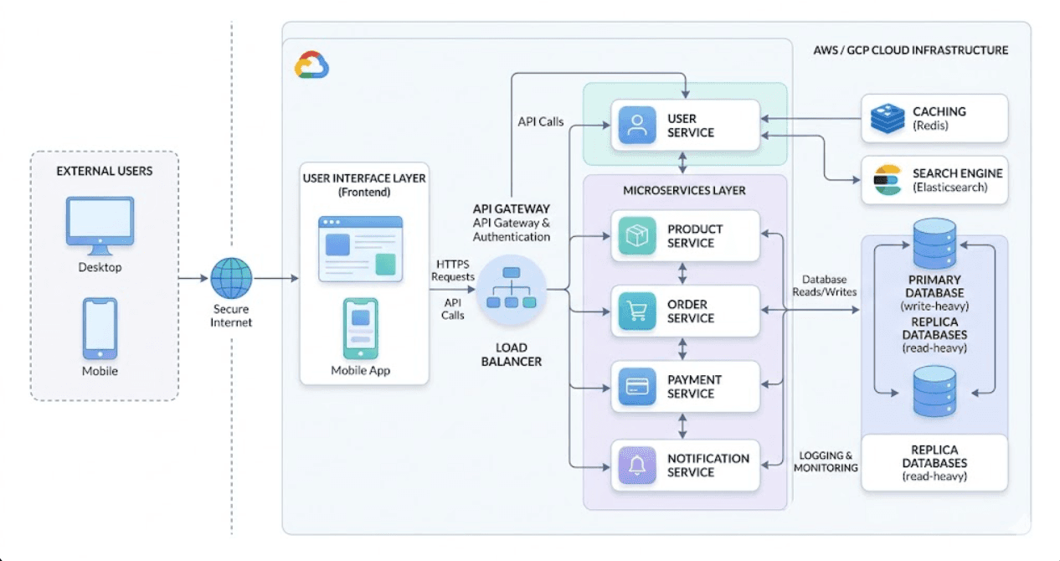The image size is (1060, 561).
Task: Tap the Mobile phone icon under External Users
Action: tap(100, 327)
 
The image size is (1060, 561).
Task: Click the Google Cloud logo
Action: tap(311, 64)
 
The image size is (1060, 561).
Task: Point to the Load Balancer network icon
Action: tap(511, 289)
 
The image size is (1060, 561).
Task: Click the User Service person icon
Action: tap(637, 126)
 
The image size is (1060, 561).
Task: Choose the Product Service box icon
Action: tap(637, 236)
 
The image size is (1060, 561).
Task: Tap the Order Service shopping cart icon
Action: tap(637, 311)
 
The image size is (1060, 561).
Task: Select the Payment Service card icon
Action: tap(637, 387)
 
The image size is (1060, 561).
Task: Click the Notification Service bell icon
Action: tap(637, 465)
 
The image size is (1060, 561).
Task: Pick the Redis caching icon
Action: tap(887, 118)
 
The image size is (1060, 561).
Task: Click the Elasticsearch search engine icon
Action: tap(888, 180)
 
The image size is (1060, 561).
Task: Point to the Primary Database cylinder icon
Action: tap(934, 242)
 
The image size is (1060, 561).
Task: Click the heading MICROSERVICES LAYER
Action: tap(684, 190)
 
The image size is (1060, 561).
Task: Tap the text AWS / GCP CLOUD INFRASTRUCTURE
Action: tap(911, 50)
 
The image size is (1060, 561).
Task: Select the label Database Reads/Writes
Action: tap(824, 286)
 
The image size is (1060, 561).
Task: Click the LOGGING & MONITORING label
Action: tap(826, 461)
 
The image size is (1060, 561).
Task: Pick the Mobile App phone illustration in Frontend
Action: tap(361, 328)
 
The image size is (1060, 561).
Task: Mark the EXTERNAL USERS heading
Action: tap(105, 171)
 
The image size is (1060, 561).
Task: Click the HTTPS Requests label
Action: tap(453, 270)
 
